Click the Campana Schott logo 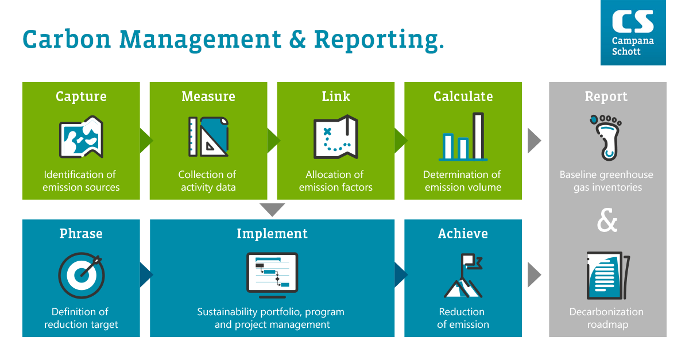click(x=633, y=32)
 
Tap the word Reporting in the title click(x=379, y=40)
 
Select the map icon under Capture click(x=81, y=137)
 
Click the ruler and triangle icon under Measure click(x=208, y=137)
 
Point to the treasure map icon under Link click(x=335, y=137)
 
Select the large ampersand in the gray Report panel click(x=607, y=220)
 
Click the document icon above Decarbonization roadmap click(x=608, y=276)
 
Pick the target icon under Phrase click(x=82, y=276)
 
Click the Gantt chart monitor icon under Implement click(x=272, y=276)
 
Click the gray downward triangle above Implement click(x=272, y=210)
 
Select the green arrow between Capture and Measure click(x=146, y=141)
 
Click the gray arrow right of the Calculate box click(x=535, y=141)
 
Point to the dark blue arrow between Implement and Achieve click(x=401, y=275)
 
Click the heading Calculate click(x=463, y=96)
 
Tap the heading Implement click(x=272, y=234)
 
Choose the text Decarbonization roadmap click(x=606, y=318)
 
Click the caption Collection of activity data click(x=207, y=181)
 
